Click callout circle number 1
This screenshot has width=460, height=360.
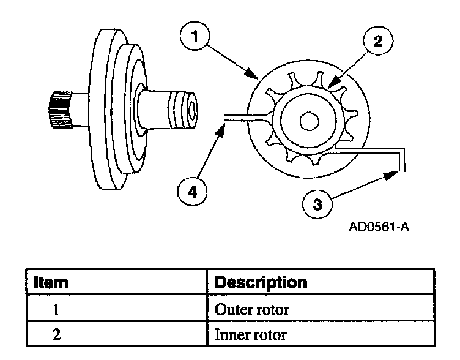point(194,37)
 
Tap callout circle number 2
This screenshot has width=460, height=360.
point(377,42)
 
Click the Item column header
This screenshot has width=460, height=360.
point(51,283)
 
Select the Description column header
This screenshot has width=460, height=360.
point(261,283)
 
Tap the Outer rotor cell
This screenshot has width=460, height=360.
point(253,310)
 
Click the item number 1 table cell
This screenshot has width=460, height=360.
point(55,310)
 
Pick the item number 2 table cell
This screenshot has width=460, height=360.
point(55,336)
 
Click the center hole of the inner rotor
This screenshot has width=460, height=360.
point(309,121)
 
